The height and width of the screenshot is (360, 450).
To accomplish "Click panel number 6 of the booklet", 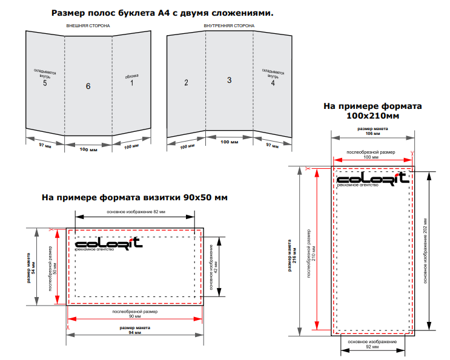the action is click(88, 86).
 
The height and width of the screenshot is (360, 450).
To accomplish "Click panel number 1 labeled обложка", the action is click(131, 83).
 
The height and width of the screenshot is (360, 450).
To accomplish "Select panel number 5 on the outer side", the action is click(45, 83).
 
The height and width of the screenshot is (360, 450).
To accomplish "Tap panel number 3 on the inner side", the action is click(229, 80).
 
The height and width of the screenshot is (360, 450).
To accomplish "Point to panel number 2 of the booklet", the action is click(187, 82).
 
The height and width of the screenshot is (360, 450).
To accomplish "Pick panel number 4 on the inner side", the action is click(273, 83).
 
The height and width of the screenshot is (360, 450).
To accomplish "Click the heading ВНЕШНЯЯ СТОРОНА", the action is click(88, 26).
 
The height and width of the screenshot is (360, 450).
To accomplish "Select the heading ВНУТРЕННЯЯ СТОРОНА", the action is click(229, 26).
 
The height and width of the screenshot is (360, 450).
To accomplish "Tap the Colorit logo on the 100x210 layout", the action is click(372, 179).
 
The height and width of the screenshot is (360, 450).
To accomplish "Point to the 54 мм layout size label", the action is click(33, 267).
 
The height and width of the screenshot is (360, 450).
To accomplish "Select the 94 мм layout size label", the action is click(135, 333).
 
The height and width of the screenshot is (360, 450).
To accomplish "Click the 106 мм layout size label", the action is click(373, 134).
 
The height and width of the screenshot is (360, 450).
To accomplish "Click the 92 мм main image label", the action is click(372, 347).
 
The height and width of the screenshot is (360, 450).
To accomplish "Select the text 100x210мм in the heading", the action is click(372, 116).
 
